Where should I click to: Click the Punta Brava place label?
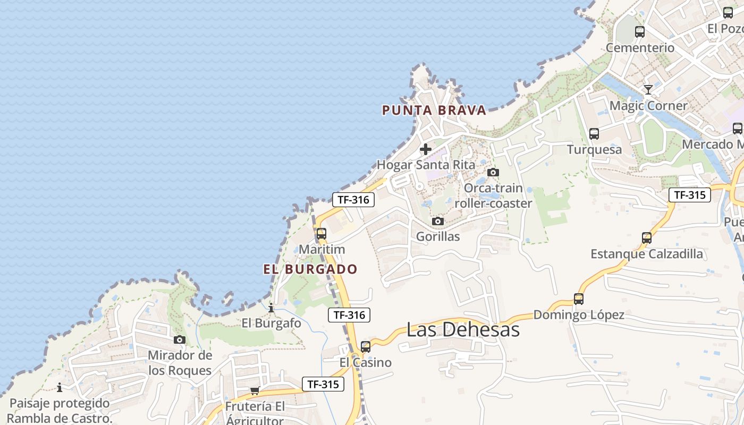pos(434,110)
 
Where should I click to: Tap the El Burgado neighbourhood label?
pos(310,269)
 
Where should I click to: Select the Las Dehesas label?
pos(463,329)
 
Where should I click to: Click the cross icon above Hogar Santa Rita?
pos(426,149)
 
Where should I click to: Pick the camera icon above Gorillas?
pos(438,221)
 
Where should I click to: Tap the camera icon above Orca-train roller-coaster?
pos(493,172)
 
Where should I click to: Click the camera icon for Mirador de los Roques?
pos(180,339)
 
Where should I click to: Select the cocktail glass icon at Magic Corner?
pos(648,89)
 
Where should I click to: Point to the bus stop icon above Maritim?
pos(322,234)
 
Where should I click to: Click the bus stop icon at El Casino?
pos(366,347)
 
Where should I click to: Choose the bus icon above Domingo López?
pos(579,299)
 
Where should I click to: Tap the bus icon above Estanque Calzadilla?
pos(647,238)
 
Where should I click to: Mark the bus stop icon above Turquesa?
pos(594,134)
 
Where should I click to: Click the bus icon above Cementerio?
pos(640,32)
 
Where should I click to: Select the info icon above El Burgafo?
pos(271,308)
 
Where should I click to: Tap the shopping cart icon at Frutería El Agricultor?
pos(255,391)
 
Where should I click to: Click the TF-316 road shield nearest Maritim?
pos(353,200)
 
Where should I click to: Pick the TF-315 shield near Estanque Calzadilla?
pos(690,195)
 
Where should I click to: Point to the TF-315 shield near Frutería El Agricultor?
pos(323,384)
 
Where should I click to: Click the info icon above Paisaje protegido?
pos(60,387)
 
